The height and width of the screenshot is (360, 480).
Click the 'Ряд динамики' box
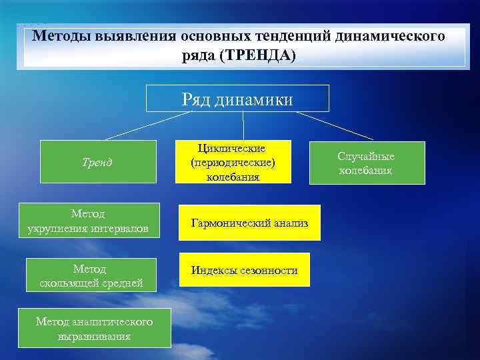point(237,98)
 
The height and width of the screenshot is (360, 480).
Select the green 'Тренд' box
point(98,161)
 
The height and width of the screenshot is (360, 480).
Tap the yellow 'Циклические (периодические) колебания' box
point(233,161)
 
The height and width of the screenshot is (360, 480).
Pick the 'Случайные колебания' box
point(367,163)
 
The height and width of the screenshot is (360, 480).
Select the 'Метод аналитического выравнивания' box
point(94,329)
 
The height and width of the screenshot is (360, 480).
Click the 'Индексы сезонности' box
point(243,270)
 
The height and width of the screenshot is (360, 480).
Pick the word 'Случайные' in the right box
point(366,156)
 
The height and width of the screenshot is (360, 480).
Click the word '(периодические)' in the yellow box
point(233,162)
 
